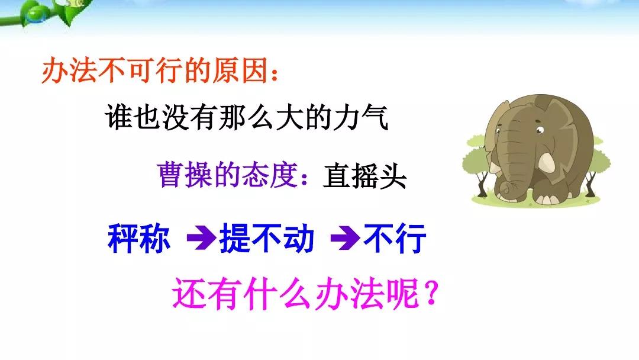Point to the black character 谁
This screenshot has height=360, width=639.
(118, 117)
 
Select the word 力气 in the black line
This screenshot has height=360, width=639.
(361, 117)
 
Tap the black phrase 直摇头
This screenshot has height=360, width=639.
(364, 176)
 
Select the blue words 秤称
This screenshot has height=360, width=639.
(139, 239)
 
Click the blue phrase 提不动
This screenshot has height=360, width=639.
(267, 239)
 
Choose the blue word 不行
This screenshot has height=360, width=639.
(395, 239)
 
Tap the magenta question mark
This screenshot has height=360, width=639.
(430, 292)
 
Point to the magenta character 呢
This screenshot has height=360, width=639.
(404, 294)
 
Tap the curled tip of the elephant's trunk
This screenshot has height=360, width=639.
(505, 188)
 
